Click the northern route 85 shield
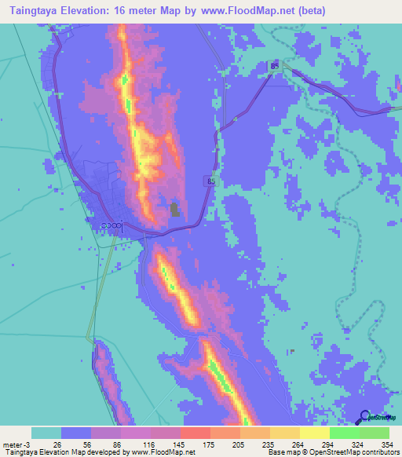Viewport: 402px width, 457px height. tap(274, 67)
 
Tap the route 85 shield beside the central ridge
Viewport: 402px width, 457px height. tap(211, 181)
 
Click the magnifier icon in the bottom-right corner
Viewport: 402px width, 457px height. tap(366, 418)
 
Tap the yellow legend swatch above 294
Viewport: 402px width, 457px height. tap(314, 433)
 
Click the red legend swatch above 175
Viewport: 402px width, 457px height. tap(195, 433)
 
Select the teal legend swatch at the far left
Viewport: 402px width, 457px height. tap(46, 433)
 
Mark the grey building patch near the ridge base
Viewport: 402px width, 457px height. tap(174, 209)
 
